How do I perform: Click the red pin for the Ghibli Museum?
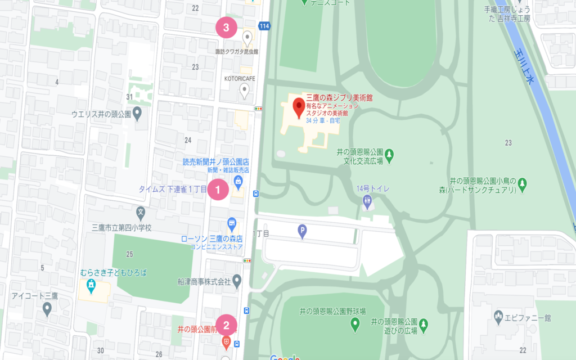[298, 105]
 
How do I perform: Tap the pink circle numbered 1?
[218, 190]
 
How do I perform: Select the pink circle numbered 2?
[226, 325]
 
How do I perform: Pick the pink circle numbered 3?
[226, 26]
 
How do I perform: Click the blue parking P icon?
[303, 230]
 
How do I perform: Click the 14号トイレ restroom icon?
[367, 200]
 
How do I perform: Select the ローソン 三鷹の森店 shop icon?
[231, 224]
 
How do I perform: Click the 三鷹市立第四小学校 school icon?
[141, 213]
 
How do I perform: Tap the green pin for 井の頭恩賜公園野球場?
[355, 323]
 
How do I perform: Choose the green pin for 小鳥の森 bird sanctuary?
[523, 183]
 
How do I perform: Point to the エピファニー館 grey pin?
[498, 316]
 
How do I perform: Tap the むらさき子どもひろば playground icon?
[91, 286]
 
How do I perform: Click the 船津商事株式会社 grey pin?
[237, 280]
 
